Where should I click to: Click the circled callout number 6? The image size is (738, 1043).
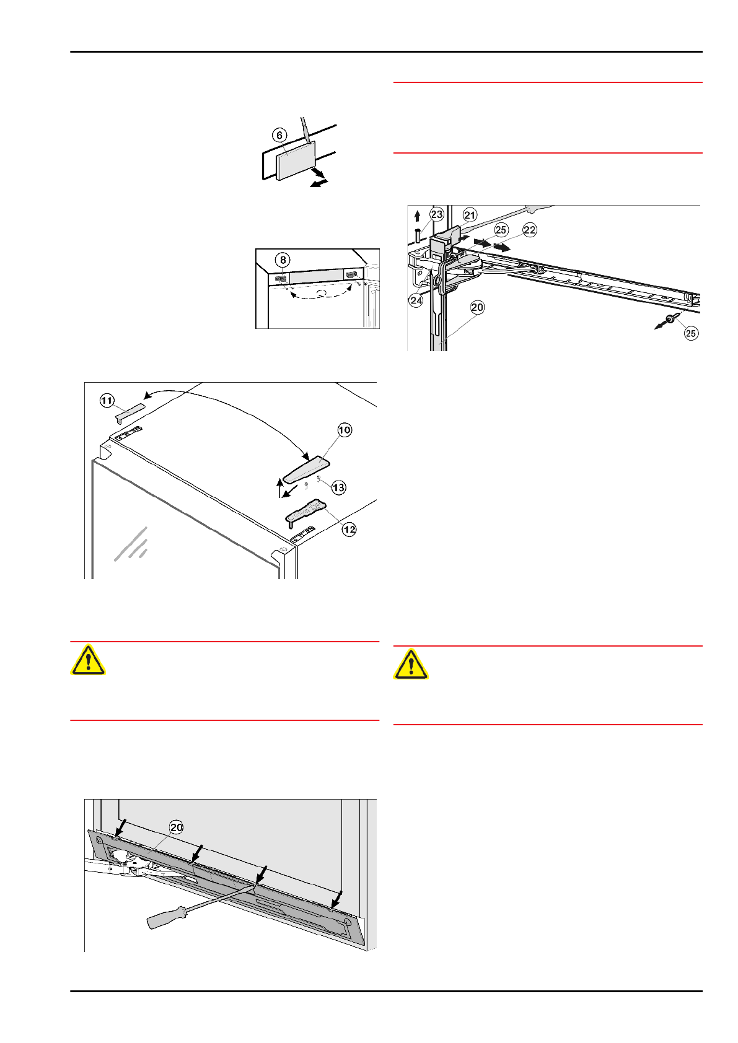tap(279, 136)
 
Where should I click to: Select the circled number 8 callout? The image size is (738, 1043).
tap(283, 260)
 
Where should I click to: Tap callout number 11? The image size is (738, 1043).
tap(107, 401)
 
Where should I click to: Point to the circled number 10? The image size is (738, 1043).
tap(345, 430)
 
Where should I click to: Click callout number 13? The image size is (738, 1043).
tap(339, 487)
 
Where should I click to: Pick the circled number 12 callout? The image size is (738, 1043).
tap(349, 529)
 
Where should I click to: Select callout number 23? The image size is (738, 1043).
tap(437, 214)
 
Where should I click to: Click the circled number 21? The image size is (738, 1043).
tap(470, 215)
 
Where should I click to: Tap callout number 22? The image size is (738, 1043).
tap(530, 230)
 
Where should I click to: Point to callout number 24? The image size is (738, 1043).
tap(416, 300)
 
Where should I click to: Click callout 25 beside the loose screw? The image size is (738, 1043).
tap(691, 333)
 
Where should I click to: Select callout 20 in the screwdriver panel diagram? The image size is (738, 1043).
tap(176, 827)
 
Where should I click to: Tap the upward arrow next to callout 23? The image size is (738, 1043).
tap(417, 216)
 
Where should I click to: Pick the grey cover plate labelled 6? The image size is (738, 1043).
tap(296, 160)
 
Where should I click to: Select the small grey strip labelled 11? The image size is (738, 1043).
tap(131, 412)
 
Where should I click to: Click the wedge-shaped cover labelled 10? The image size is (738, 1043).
tap(306, 469)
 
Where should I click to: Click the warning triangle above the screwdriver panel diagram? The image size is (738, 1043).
tap(88, 660)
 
